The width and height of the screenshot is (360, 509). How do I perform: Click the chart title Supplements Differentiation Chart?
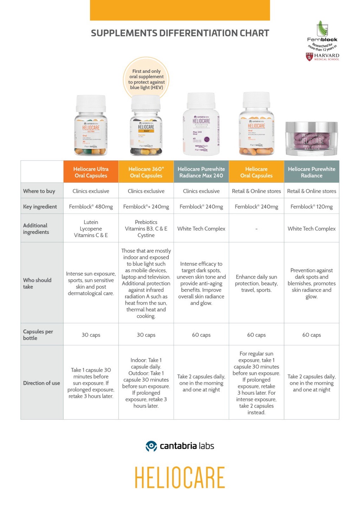tap(180, 33)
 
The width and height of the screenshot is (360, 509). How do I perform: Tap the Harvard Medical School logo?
tap(322, 57)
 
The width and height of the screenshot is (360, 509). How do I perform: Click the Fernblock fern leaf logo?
tap(322, 28)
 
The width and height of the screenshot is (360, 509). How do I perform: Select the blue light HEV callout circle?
tap(146, 79)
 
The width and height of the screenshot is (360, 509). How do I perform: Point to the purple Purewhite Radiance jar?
tap(311, 138)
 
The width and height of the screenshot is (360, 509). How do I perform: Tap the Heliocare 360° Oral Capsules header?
tap(146, 172)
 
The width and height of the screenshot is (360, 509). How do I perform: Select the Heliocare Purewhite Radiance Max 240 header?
tap(201, 172)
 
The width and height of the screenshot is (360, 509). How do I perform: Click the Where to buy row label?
tap(39, 191)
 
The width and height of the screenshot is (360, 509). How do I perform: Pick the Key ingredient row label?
tap(40, 207)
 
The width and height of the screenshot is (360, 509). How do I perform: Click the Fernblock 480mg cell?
tap(91, 207)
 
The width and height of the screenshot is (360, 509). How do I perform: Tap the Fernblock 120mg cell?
tap(311, 207)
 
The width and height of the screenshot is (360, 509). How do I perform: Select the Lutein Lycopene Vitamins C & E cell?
tap(91, 228)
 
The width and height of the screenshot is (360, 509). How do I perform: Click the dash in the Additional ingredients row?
tap(256, 229)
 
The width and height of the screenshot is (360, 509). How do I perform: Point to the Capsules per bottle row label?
tap(38, 335)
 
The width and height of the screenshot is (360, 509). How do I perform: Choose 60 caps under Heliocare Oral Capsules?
tap(256, 335)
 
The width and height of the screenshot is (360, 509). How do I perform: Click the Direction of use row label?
tap(41, 383)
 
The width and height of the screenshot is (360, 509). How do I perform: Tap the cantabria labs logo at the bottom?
tap(180, 446)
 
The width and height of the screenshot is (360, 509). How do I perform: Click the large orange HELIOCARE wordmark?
tap(180, 477)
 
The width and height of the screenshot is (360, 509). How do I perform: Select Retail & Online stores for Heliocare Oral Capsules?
tap(256, 191)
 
